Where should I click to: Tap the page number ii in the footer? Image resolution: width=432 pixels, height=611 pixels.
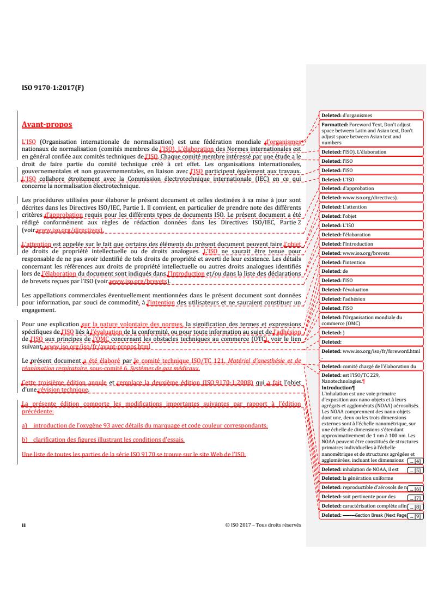point(23,526)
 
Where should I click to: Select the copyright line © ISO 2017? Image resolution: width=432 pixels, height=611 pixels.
point(262,526)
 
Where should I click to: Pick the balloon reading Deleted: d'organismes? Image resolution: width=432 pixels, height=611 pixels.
point(371,115)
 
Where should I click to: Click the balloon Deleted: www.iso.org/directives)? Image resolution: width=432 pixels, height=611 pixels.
point(371,197)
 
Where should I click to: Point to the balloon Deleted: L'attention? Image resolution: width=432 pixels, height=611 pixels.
point(371,206)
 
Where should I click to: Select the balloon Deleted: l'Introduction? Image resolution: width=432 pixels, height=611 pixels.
point(371,243)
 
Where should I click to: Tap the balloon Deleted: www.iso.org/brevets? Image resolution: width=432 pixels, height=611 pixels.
point(371,253)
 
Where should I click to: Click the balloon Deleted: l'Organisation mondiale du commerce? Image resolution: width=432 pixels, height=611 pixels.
point(371,320)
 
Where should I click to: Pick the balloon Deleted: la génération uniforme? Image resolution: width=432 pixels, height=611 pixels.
point(371,479)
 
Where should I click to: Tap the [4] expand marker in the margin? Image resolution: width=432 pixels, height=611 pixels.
point(415,461)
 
